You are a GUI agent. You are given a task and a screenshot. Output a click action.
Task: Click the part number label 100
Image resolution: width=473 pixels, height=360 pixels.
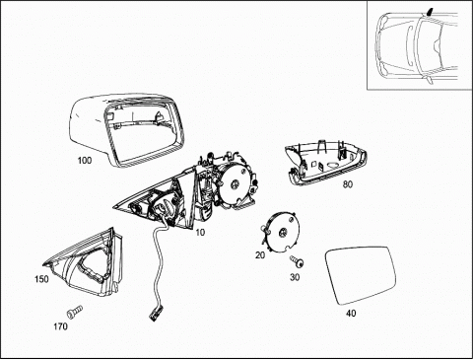coord(85,161)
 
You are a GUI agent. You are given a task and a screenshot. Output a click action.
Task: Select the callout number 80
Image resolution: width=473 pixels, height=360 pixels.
coord(348,184)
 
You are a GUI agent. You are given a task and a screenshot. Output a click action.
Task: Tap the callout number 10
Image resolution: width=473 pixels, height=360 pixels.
coord(200,233)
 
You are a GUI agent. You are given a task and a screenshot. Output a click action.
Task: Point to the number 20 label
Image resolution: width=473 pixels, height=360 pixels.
coord(260,254)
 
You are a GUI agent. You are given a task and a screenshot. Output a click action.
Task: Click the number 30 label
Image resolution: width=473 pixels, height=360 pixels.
coord(295,277)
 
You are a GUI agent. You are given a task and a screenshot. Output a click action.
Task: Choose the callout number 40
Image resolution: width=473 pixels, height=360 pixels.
coord(351,314)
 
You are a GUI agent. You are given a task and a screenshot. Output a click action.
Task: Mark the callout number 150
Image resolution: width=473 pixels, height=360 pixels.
coord(41,279)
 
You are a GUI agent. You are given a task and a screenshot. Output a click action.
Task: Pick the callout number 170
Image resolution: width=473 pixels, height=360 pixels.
coord(61,326)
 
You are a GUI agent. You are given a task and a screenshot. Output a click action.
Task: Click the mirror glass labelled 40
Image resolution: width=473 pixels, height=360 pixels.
coord(361,275)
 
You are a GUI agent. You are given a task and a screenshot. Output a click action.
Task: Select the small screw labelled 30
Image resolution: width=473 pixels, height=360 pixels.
coord(297,261)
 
